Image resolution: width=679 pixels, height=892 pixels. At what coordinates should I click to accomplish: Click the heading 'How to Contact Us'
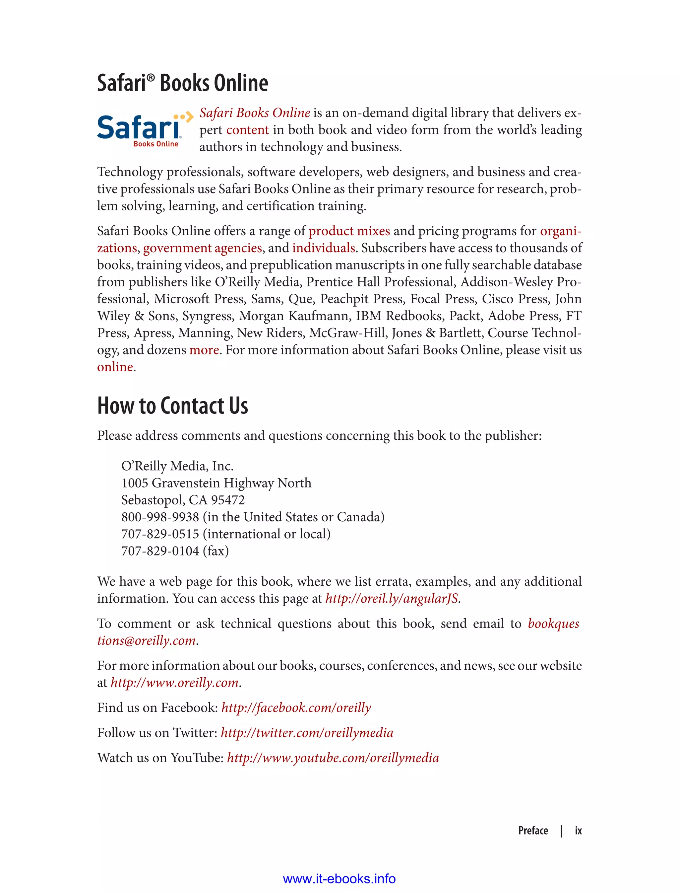tap(173, 406)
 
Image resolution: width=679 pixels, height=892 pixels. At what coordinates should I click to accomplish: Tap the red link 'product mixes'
tap(349, 231)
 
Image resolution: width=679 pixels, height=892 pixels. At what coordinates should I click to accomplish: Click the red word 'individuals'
tap(323, 248)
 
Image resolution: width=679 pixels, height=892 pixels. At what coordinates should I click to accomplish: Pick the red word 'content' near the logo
tap(247, 130)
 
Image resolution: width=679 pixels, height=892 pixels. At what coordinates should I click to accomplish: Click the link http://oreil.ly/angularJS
tap(391, 598)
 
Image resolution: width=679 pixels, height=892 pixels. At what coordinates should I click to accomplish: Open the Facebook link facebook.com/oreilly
tap(296, 707)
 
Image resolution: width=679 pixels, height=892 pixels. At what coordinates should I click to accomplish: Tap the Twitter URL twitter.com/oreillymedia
tap(307, 733)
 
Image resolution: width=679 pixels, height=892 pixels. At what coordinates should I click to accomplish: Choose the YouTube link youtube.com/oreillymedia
tap(333, 758)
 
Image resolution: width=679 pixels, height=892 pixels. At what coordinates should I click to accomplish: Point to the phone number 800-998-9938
tap(160, 517)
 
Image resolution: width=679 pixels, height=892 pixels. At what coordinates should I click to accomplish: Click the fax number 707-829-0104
tap(160, 551)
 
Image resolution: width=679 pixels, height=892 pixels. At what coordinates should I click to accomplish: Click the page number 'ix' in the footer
tap(578, 831)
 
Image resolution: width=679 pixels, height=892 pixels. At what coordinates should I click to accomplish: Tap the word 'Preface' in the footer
tap(533, 831)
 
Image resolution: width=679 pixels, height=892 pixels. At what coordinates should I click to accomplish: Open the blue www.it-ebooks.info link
tap(339, 879)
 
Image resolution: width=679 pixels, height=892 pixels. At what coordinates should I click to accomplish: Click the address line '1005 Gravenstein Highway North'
tap(216, 483)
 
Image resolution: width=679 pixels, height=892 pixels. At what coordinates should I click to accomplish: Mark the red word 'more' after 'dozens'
tap(204, 350)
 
